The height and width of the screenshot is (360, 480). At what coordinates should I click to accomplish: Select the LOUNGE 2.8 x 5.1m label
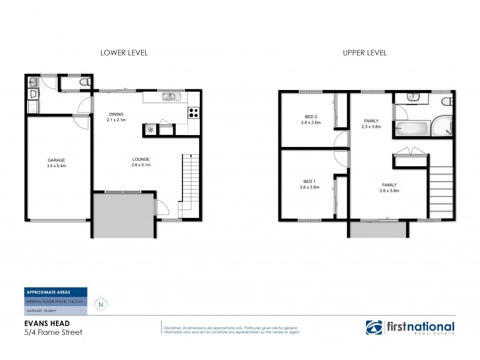(x=141, y=163)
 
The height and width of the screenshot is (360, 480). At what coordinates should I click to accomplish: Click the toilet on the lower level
(x=86, y=81)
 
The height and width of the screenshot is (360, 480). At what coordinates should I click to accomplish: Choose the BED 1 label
(x=310, y=184)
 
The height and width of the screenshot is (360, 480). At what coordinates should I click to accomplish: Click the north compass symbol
(x=100, y=305)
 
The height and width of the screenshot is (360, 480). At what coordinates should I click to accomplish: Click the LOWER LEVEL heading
(x=124, y=53)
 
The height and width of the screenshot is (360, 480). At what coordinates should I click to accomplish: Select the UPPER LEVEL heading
(x=364, y=53)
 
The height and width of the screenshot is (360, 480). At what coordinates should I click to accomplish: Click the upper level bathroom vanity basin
(x=413, y=97)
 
